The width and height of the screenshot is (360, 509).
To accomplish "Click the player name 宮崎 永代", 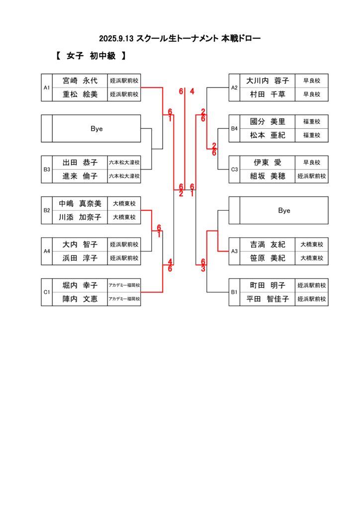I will [x=80, y=81].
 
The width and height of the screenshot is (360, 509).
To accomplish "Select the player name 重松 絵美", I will [x=80, y=94].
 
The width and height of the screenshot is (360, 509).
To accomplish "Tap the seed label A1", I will [x=47, y=87].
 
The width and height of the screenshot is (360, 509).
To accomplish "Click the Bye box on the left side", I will [x=96, y=129].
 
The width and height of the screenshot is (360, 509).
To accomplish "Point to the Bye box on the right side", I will [x=284, y=211].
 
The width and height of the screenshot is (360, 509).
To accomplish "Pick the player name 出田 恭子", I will [x=80, y=163].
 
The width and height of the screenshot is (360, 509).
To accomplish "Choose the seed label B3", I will [x=47, y=170].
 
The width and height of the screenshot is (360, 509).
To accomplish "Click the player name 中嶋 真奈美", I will [x=80, y=203].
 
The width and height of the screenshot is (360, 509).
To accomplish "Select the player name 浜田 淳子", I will [x=80, y=258].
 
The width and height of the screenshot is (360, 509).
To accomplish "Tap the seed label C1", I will [x=47, y=292].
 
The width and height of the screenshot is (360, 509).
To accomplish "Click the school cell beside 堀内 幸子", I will [x=124, y=285].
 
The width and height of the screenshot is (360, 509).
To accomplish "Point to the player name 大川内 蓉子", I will [x=268, y=81].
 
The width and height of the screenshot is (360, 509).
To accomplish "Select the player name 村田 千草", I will [x=268, y=94].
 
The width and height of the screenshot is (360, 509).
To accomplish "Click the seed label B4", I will [x=234, y=129].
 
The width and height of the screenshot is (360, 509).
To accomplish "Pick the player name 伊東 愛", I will [x=268, y=163].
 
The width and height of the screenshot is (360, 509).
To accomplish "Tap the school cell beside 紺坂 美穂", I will [x=312, y=176].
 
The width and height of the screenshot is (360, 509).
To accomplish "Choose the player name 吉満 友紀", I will [x=268, y=245].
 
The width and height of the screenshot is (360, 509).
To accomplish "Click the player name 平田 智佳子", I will [x=268, y=299].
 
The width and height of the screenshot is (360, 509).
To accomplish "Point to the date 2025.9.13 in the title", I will [x=116, y=38].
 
